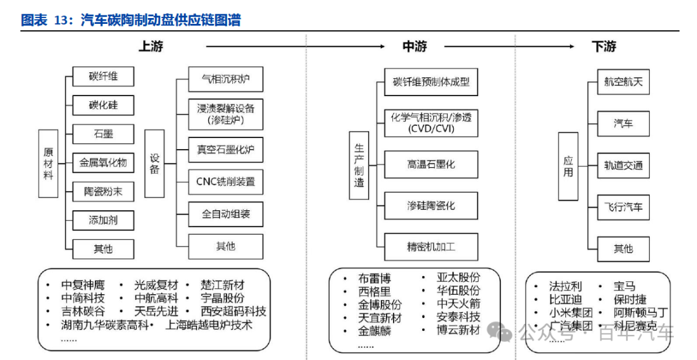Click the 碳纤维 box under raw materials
[x=103, y=76]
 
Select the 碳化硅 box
[x=103, y=105]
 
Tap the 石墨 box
[x=103, y=134]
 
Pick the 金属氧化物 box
[x=103, y=163]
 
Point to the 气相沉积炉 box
[x=226, y=81]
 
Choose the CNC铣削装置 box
[x=226, y=181]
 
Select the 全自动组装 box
[x=226, y=214]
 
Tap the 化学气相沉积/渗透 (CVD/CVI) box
[x=431, y=123]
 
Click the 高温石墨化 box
[x=431, y=165]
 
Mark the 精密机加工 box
[x=431, y=246]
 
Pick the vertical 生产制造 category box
[x=359, y=165]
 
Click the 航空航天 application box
[x=623, y=82]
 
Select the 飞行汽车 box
[x=623, y=208]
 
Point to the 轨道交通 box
[x=623, y=165]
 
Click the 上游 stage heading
[x=150, y=46]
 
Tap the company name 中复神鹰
[x=83, y=285]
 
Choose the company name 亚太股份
[x=459, y=279]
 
